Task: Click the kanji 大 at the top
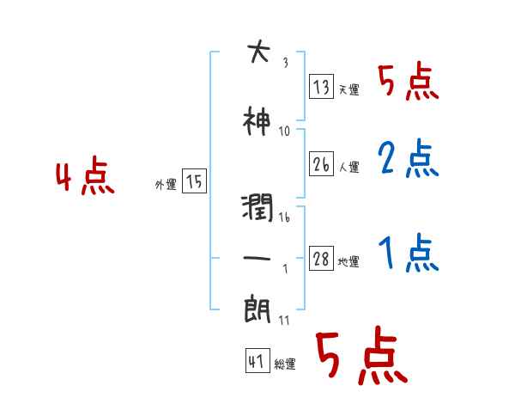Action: (257, 53)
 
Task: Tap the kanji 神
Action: (257, 123)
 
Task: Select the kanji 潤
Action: (258, 208)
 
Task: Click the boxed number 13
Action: (322, 87)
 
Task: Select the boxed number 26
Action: (322, 164)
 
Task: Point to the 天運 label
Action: (348, 89)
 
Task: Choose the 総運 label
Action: (285, 364)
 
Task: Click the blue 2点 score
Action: (407, 158)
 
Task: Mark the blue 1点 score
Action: (407, 254)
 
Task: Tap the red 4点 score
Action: (84, 179)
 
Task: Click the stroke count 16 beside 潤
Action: (284, 217)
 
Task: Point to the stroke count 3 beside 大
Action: (284, 61)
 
